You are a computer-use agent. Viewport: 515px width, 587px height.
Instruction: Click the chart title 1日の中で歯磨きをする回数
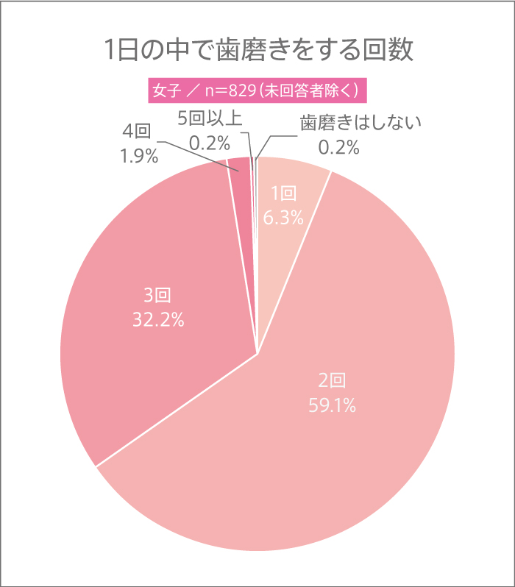tap(257, 50)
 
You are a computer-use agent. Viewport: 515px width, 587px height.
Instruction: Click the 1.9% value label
tap(138, 157)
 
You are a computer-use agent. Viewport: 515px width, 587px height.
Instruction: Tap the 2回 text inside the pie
tap(332, 380)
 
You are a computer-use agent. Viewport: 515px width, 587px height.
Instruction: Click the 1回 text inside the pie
tap(283, 194)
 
